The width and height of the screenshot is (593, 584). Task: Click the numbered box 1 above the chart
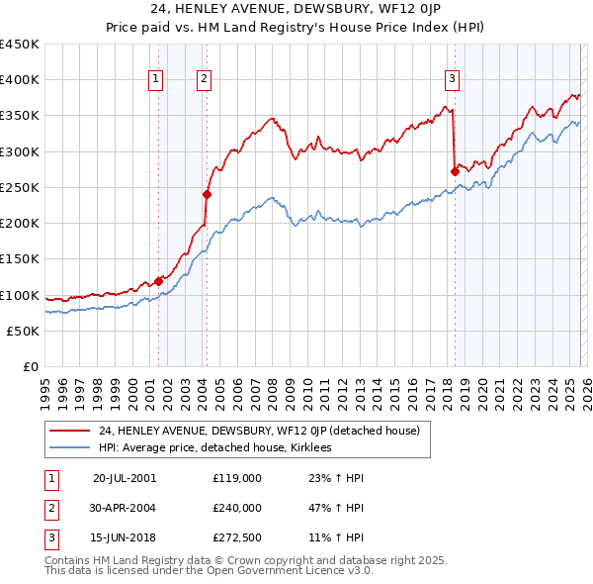[x=156, y=80]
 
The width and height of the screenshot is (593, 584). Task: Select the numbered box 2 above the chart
[x=204, y=80]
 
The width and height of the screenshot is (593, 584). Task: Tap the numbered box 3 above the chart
[x=452, y=80]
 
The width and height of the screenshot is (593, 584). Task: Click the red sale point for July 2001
[x=158, y=281]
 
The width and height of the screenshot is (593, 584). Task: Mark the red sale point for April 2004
[x=207, y=195]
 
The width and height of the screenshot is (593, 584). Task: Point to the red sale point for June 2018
[x=455, y=171]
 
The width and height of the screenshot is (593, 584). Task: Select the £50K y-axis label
[x=24, y=331]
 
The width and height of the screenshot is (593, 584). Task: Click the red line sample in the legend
[x=70, y=431]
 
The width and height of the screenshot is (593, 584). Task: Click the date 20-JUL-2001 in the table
[x=125, y=477]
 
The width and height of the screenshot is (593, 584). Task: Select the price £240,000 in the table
[x=236, y=508]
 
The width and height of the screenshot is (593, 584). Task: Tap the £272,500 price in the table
[x=236, y=538]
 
